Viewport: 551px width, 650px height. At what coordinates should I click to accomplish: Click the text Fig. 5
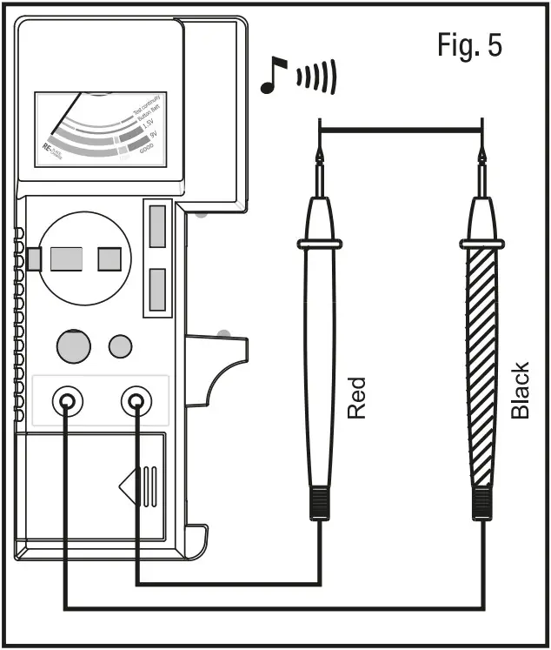[469, 46]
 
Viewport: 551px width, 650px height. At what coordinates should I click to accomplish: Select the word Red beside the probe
[357, 398]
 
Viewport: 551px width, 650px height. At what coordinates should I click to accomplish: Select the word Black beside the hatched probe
[520, 391]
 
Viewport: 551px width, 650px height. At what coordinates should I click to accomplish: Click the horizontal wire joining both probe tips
[401, 131]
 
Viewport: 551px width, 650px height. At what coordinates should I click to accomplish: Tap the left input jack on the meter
[67, 401]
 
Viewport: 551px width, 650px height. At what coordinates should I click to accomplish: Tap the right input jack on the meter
[136, 401]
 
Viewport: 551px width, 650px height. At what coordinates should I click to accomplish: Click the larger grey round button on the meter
[74, 345]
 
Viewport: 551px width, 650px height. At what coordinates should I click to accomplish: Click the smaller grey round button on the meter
[120, 345]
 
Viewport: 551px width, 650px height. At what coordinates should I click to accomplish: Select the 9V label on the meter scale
[153, 136]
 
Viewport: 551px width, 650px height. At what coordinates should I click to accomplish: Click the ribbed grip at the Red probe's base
[320, 502]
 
